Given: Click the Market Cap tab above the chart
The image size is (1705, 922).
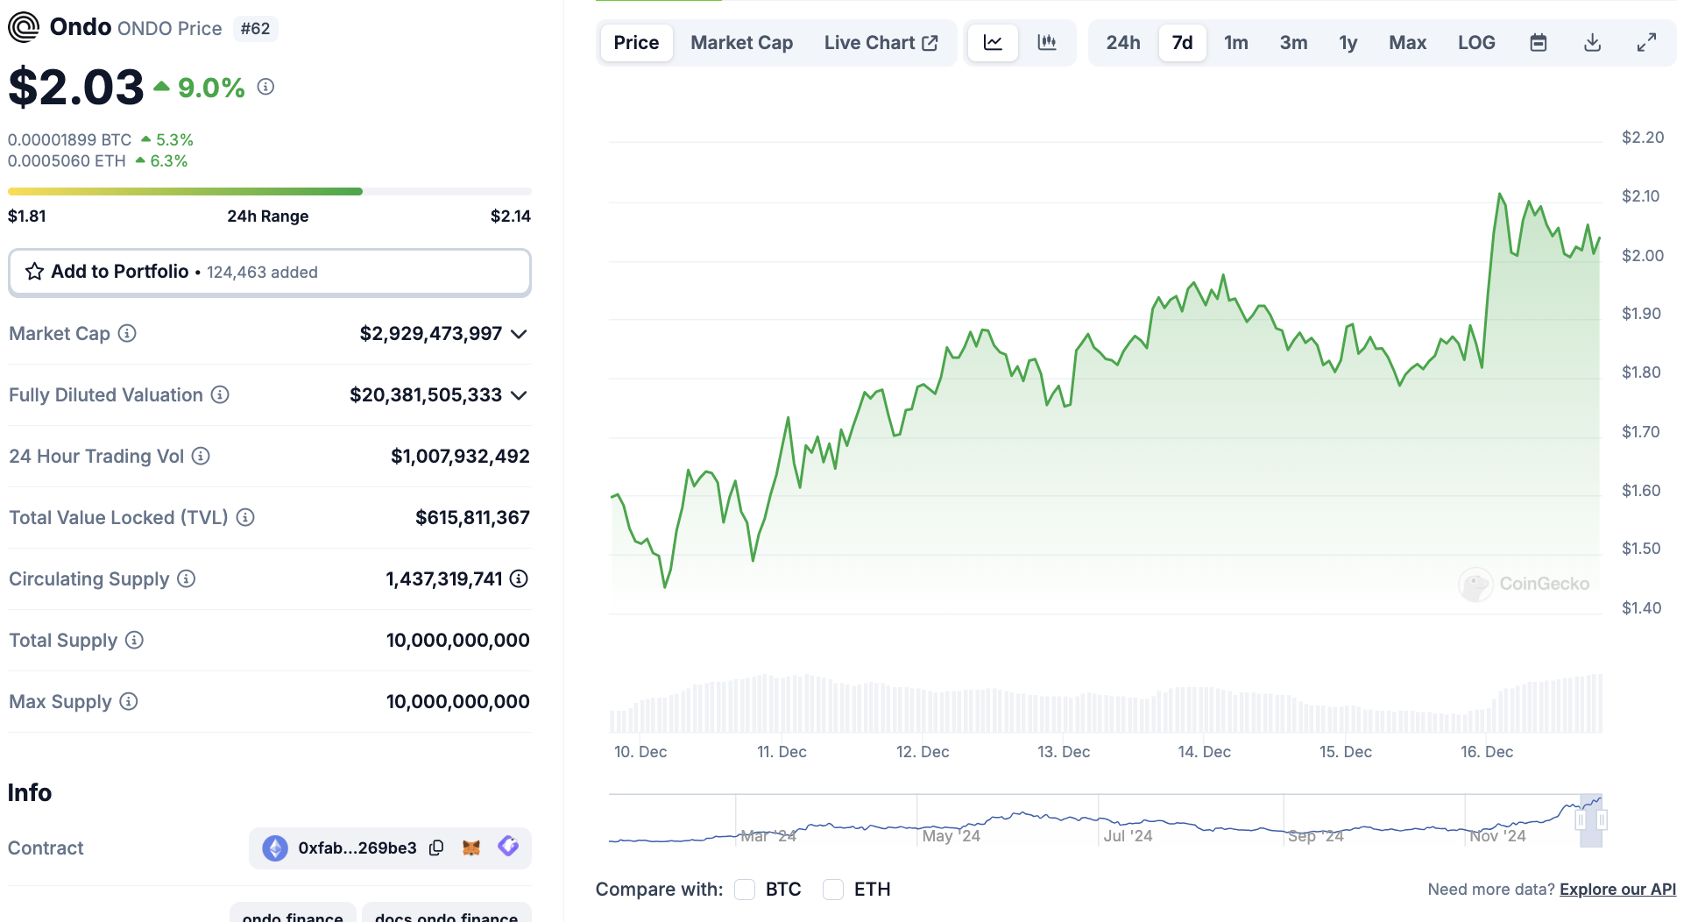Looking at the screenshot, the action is point(741,43).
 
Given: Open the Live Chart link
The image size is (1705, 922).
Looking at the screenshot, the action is point(881,43).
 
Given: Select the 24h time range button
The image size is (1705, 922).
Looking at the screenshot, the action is point(1122,43).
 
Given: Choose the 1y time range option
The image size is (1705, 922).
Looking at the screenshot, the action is point(1348,43).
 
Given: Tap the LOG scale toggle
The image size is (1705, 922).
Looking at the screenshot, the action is point(1476,43).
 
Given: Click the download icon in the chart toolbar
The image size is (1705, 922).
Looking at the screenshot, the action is point(1593,43).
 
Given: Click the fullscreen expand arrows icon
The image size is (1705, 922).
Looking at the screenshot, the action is point(1647,42).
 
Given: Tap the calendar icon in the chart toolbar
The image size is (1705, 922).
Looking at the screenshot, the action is point(1539,43).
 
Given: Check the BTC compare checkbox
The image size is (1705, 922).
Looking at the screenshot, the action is point(745,890).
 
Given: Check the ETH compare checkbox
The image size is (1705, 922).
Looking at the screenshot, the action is point(833,890).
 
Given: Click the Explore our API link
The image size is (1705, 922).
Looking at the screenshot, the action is point(1617,889).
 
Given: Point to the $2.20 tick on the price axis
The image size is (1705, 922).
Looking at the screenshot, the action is point(1642,138).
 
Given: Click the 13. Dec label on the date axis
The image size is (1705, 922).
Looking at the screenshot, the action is point(1064,752).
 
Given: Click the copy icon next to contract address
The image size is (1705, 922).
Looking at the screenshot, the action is point(436,848).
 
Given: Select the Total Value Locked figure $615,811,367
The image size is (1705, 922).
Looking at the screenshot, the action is point(472,517).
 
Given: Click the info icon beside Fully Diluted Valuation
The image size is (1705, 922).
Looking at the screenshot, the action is point(220,395).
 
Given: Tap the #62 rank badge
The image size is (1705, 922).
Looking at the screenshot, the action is point(255,29).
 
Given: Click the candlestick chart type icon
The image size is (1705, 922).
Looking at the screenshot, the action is point(1047,42).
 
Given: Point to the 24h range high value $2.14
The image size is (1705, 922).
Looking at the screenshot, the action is point(511,216).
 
